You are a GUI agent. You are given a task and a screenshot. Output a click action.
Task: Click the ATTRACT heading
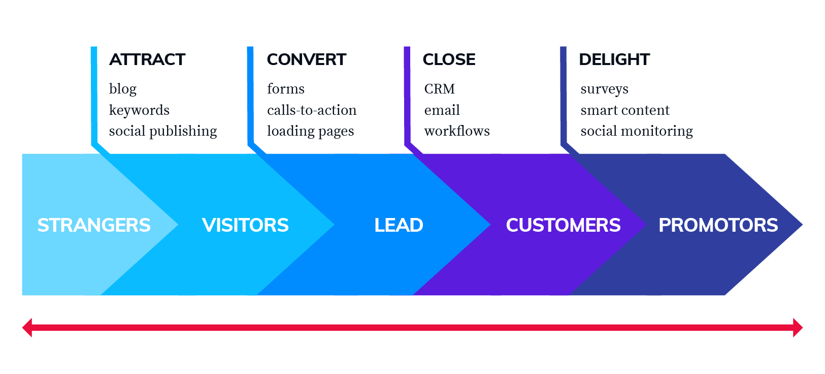[147, 59]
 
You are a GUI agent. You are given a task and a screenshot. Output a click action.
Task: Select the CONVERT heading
[307, 59]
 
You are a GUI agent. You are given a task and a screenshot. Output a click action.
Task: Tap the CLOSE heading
[449, 59]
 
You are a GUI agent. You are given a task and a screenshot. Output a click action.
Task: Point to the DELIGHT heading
[614, 59]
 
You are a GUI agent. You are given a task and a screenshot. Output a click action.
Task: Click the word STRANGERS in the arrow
[94, 225]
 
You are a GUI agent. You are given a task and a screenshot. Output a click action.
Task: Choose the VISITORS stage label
[245, 225]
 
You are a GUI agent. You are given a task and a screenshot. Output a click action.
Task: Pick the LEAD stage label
[399, 225]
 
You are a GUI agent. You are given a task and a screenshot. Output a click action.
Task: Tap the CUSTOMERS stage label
[563, 225]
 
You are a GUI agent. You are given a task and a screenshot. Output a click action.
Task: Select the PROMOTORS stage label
[718, 225]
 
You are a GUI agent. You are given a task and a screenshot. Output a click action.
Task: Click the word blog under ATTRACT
[123, 89]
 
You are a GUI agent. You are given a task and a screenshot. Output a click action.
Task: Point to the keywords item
[139, 110]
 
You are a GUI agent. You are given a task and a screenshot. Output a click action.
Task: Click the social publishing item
[163, 131]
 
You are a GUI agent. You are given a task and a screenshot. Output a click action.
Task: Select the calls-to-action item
[312, 110]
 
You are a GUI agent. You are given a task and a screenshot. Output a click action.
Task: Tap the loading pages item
[311, 131]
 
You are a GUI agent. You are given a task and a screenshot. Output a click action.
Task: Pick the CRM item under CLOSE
[439, 89]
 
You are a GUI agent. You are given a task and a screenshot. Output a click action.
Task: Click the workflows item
[457, 131]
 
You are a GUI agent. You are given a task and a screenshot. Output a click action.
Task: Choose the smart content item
[625, 110]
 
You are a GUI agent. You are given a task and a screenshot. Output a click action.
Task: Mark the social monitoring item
[637, 131]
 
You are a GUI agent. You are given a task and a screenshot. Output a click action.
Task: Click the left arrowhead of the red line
[27, 328]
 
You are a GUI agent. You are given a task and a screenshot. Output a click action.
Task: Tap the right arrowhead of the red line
[798, 328]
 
